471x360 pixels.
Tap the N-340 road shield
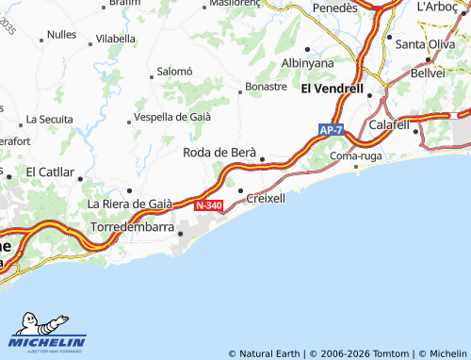point(209,205)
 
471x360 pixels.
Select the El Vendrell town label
point(332,89)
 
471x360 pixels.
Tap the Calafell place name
point(389,124)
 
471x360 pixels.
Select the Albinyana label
point(308,62)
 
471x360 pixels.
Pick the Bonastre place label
point(266,86)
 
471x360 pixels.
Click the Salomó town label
point(174,71)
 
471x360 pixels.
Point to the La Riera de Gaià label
point(130,203)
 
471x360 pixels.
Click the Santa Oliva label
point(424,44)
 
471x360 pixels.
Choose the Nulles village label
point(61,34)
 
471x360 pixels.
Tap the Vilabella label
point(116,39)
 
